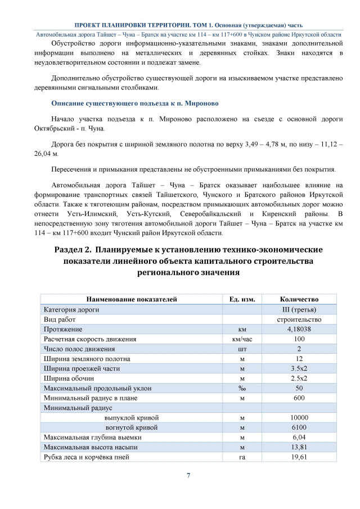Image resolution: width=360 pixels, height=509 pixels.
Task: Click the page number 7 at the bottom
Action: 188,476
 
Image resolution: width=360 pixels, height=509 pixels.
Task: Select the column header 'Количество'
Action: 299,299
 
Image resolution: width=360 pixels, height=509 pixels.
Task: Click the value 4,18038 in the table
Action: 299,329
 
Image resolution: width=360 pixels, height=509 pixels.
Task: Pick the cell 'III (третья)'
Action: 299,309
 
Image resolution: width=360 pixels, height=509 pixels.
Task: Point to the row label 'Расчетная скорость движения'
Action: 90,339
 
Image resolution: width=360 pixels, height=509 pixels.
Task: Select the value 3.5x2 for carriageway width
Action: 299,368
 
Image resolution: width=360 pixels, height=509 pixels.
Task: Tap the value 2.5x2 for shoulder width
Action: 299,379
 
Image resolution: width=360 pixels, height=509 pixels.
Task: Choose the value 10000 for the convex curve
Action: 299,418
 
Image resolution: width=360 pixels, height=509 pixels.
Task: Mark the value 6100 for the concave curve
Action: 299,427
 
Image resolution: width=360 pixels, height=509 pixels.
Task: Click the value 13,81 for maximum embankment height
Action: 299,447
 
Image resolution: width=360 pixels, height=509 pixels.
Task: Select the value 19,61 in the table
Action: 299,457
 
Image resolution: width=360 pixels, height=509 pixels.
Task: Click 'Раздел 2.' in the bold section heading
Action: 72,249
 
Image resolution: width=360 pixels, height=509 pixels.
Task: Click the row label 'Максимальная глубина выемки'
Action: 89,438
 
